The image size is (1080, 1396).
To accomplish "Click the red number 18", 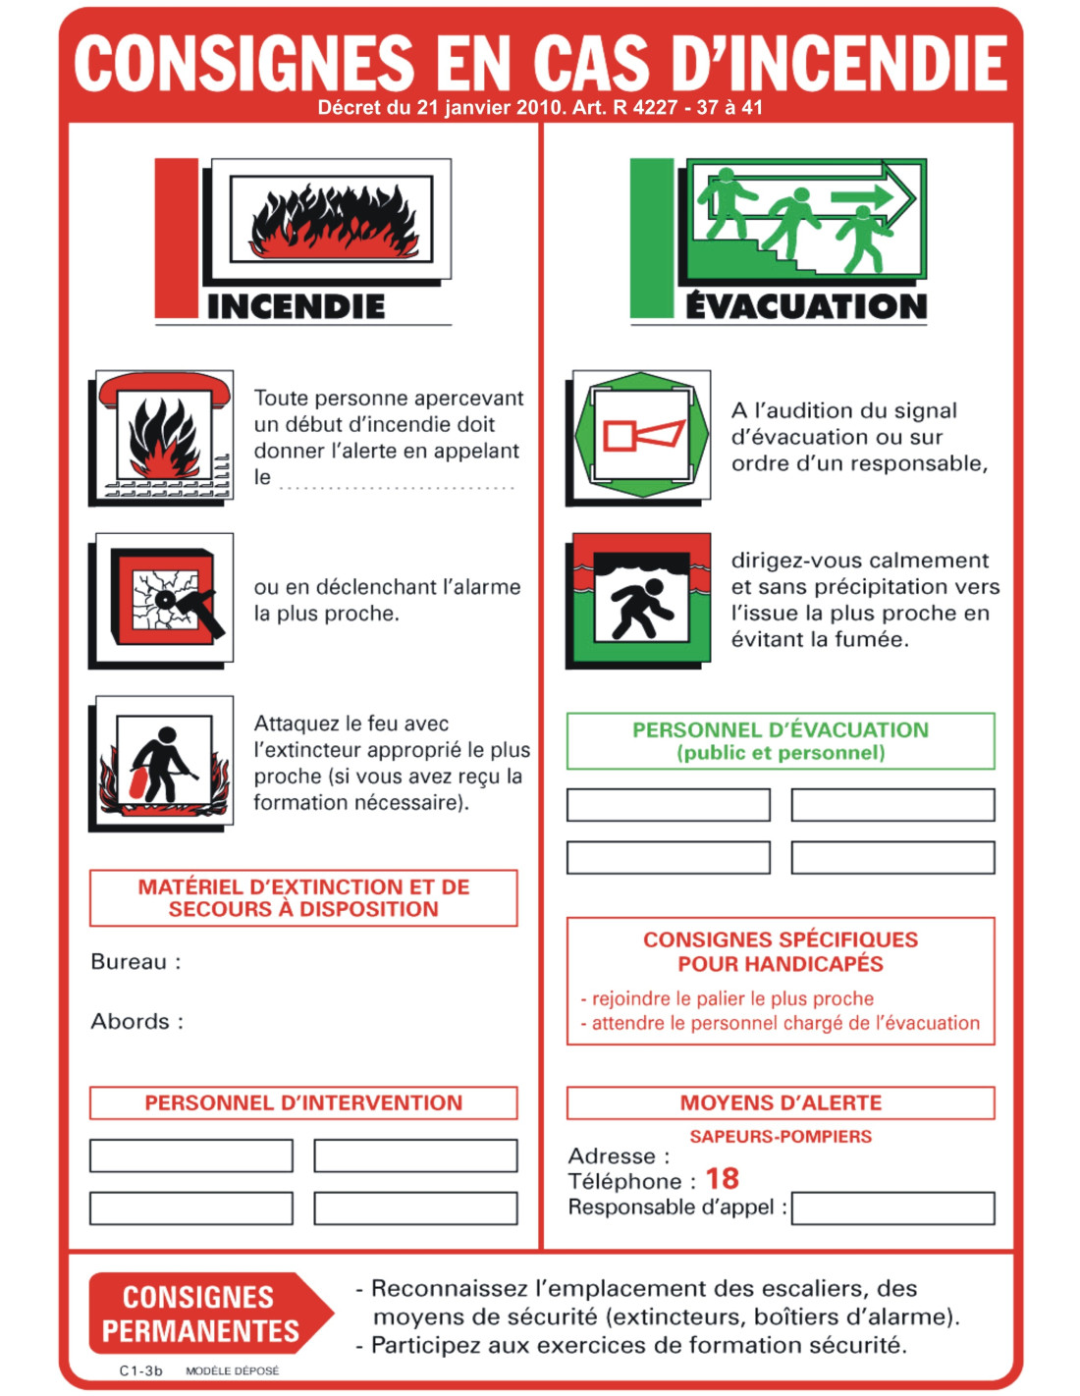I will (722, 1178).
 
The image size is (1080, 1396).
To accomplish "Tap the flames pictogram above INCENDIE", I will (332, 220).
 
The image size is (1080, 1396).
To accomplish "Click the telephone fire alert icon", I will (164, 437).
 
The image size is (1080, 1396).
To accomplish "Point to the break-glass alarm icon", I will (164, 599).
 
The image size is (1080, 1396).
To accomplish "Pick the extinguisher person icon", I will (164, 763).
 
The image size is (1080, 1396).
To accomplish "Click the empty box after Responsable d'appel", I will (892, 1208).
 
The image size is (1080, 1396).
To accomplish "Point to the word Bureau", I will (129, 962).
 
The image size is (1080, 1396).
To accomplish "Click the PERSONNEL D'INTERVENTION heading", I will (303, 1102).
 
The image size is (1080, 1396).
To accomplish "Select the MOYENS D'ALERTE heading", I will (781, 1102).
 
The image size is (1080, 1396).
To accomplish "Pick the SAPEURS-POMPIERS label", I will (781, 1136).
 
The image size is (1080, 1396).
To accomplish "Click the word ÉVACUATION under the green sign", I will (806, 306).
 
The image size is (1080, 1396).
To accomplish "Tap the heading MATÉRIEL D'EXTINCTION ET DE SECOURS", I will (303, 897).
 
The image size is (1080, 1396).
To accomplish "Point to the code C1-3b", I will (140, 1370).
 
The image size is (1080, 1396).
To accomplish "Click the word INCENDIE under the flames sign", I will (296, 306).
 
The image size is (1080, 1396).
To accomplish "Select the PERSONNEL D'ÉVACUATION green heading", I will (781, 740).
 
